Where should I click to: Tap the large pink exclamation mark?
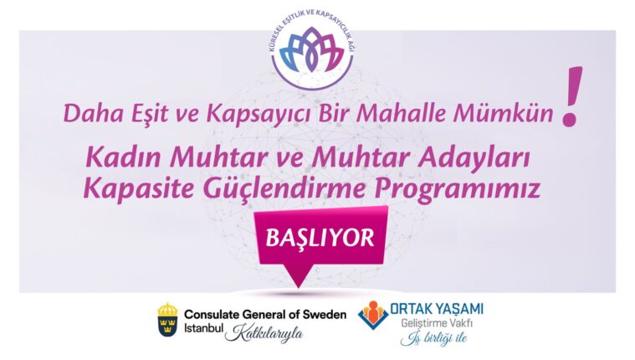[x=571, y=98]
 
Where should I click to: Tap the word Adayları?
[x=472, y=157]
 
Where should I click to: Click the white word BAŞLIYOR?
[x=319, y=238]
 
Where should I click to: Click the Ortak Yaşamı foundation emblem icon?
[x=374, y=316]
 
